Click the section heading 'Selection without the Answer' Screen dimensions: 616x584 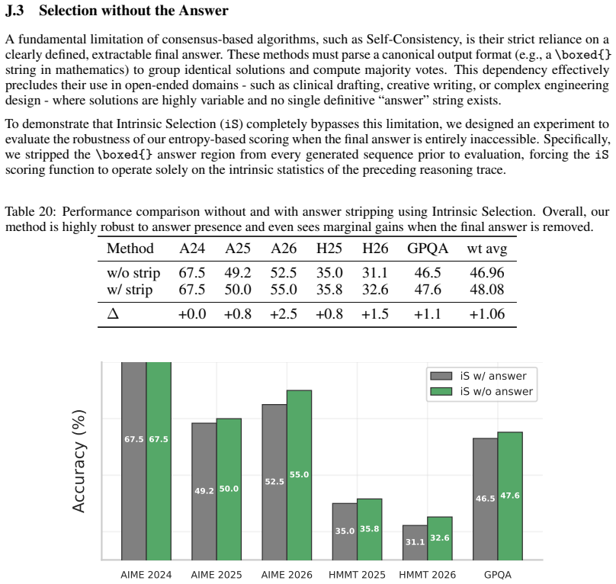(x=133, y=10)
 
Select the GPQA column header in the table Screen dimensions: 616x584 (x=428, y=249)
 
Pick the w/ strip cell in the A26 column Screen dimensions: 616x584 (x=284, y=290)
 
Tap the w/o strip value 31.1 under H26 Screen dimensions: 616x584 (x=375, y=273)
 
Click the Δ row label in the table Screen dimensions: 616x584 (x=113, y=313)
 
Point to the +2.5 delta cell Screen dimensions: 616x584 (x=284, y=314)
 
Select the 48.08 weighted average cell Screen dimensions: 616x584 (x=486, y=290)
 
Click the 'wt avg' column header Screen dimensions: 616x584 (x=486, y=249)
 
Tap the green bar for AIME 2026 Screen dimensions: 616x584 (x=299, y=475)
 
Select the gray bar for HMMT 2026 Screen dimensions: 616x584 (x=415, y=543)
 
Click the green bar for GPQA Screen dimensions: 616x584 (x=510, y=496)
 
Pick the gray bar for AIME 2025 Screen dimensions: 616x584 (x=204, y=492)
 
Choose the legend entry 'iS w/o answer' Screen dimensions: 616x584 (x=481, y=391)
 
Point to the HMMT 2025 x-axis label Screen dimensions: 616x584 (x=357, y=575)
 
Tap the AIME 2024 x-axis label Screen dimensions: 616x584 (x=146, y=575)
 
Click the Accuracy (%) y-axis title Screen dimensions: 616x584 (x=79, y=461)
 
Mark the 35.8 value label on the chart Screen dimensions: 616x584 (x=369, y=528)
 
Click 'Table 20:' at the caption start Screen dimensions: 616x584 (x=31, y=211)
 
